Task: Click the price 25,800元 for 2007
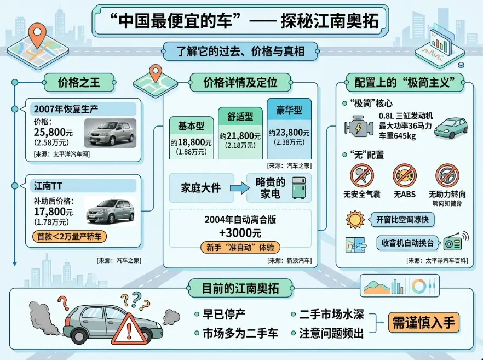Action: pos(54,132)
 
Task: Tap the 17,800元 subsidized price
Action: pos(53,212)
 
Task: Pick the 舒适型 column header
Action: pos(240,116)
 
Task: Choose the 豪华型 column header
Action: pos(289,110)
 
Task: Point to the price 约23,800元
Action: pos(289,133)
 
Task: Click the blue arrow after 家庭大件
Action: pos(239,188)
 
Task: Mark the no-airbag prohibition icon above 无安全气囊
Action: pos(361,176)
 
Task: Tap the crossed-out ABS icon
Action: pos(404,176)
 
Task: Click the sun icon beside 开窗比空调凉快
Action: pos(355,220)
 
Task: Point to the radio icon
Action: pos(454,242)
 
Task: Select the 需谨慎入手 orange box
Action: pos(423,322)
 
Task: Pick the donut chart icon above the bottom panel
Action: pos(419,286)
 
